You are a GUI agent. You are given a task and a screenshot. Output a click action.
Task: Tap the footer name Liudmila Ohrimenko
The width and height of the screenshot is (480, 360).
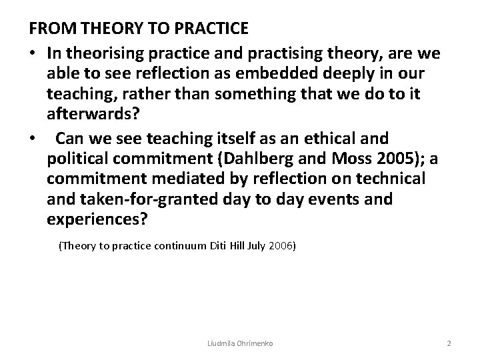240,343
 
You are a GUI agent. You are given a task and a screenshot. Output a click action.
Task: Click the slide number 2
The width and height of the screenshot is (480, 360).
449,343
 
